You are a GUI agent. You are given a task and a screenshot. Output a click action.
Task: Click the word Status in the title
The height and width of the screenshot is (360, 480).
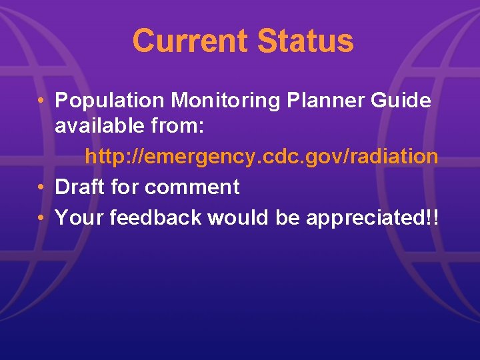[305, 41]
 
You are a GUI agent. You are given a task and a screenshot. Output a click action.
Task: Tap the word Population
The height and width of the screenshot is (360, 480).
[110, 101]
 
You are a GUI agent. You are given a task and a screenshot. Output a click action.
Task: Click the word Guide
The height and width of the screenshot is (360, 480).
[403, 101]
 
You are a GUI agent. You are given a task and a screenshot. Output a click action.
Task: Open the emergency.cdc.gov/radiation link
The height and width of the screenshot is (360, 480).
[261, 157]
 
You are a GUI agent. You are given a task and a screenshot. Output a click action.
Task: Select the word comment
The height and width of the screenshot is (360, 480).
[192, 187]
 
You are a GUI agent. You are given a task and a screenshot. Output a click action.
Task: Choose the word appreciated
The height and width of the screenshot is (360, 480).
[363, 218]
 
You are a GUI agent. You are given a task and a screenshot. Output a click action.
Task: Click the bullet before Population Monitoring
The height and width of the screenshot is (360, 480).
[41, 102]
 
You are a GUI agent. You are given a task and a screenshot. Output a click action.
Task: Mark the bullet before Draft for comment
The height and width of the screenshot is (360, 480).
[41, 188]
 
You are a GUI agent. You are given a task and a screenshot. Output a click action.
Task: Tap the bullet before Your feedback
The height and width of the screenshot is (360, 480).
[41, 218]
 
